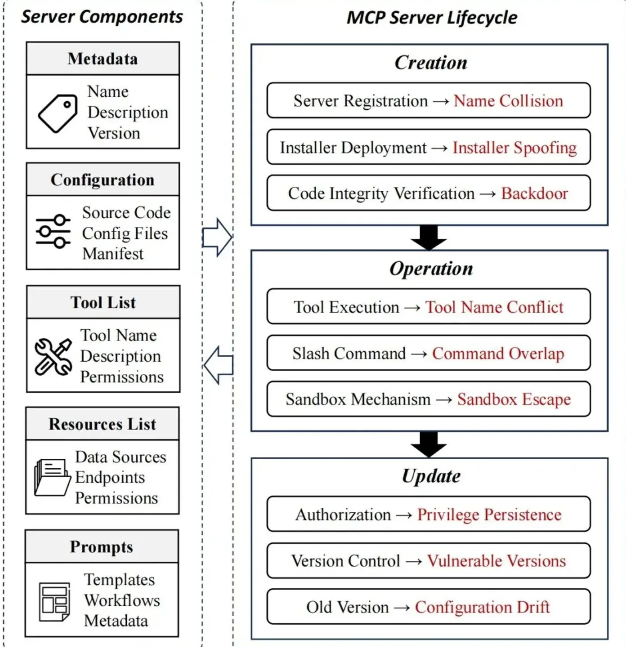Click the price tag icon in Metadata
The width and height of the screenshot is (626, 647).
(57, 113)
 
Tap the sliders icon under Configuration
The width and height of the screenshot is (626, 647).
(53, 231)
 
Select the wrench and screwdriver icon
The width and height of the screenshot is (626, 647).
(53, 357)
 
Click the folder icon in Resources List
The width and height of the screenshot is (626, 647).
(52, 477)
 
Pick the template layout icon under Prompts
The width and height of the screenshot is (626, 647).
(55, 602)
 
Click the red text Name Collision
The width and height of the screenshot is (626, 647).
(508, 101)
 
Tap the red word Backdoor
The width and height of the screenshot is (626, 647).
(534, 193)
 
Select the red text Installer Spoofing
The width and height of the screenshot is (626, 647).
(514, 147)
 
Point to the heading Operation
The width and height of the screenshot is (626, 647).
(431, 268)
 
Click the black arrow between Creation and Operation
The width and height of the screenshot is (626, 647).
(428, 237)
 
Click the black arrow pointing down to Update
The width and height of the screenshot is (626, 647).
(428, 444)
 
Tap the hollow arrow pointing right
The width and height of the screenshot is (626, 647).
(217, 237)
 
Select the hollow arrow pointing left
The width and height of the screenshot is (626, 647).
(219, 365)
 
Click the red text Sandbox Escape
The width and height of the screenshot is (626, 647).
(514, 399)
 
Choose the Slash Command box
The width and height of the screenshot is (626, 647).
(428, 353)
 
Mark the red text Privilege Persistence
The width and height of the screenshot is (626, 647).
(489, 515)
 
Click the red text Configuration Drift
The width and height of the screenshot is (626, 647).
(482, 607)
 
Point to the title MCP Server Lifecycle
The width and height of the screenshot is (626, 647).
(431, 18)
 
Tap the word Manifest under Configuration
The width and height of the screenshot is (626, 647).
(113, 254)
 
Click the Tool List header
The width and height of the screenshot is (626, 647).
(103, 302)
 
